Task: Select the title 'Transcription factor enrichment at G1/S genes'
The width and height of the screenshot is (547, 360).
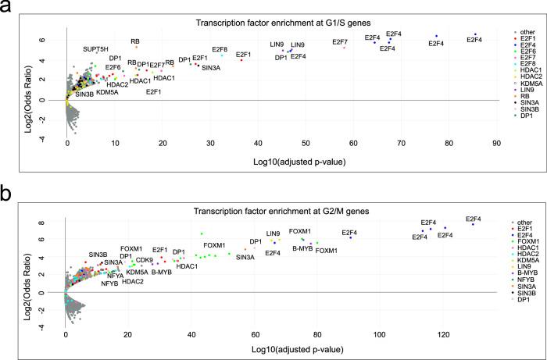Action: (280, 20)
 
